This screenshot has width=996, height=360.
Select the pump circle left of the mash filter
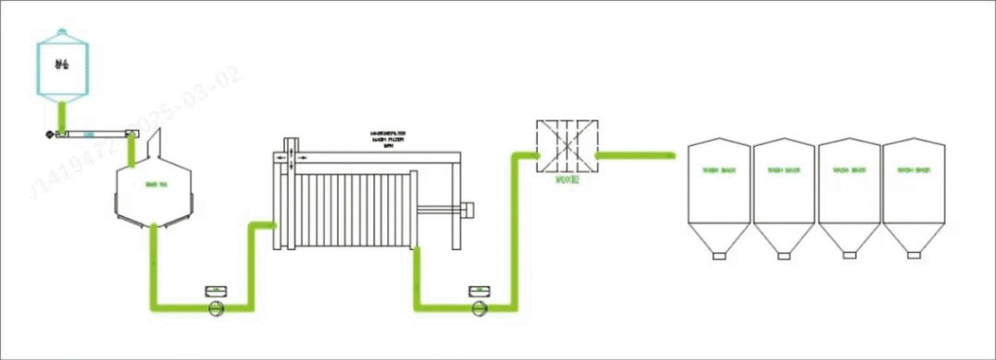pos(216,308)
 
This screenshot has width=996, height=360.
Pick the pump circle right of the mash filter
pos(478,308)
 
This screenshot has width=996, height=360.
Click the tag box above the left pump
pos(215,290)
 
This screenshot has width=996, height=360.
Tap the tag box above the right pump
pos(478,290)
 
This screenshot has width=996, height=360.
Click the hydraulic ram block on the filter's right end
pos(466,209)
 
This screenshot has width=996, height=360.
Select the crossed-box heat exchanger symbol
pos(567,146)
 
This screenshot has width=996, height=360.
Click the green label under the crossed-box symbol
pos(567,179)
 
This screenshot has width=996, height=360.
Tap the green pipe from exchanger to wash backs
pos(636,154)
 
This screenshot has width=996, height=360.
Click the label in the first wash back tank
pos(718,171)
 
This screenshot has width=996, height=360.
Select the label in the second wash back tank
pos(783,171)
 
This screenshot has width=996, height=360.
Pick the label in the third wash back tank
pos(848,171)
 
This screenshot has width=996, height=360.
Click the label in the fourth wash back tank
pos(912,171)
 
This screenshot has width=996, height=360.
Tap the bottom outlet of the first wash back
pos(718,256)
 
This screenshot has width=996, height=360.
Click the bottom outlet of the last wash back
pos(912,256)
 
